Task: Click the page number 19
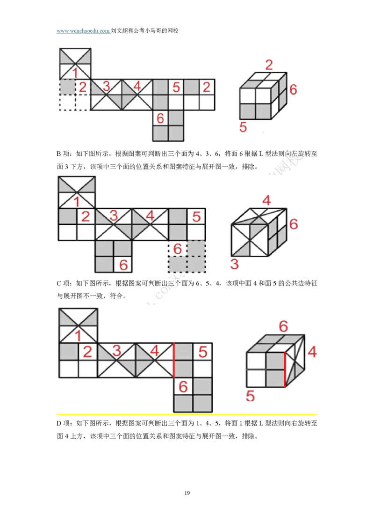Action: point(187,493)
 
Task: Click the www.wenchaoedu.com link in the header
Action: point(83,31)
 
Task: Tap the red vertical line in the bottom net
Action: point(174,360)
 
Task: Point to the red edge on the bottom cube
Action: point(285,369)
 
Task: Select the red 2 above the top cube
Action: point(269,65)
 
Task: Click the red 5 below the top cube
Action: point(243,127)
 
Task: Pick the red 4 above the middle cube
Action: point(266,200)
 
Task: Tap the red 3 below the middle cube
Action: point(235,264)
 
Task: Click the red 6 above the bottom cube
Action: point(283,326)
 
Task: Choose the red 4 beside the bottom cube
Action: point(312,352)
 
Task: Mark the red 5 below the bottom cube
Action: point(250,396)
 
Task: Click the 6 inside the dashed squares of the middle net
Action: point(178,249)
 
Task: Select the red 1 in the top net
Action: point(75,73)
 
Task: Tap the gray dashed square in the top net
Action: point(67,87)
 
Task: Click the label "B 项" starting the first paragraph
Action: point(64,154)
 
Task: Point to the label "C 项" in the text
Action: point(64,283)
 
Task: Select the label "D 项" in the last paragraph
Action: point(64,423)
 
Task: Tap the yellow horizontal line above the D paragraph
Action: point(187,414)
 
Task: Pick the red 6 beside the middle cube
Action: point(294,224)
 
